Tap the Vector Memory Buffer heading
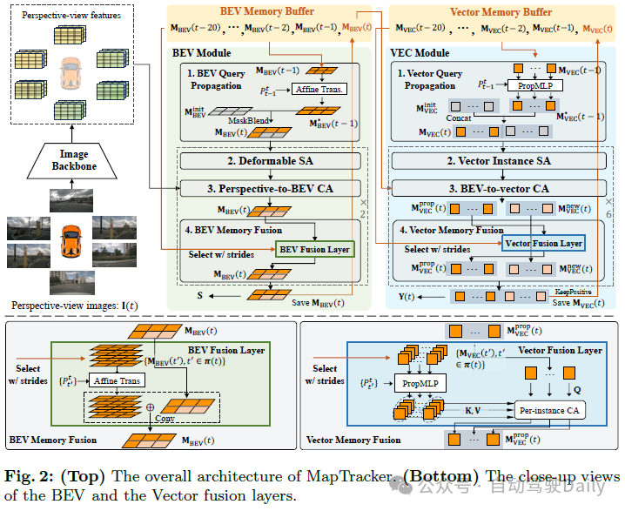(501, 11)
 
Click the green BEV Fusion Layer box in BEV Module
(314, 250)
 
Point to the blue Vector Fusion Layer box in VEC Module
(543, 245)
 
